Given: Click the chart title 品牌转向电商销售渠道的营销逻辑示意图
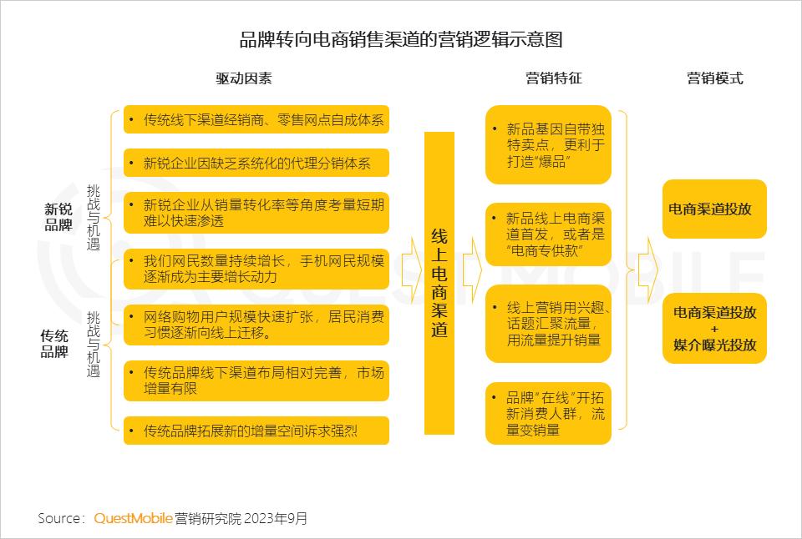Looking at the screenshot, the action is [401, 39].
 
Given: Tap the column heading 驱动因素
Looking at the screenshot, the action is [243, 78].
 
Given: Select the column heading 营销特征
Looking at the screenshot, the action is [553, 78].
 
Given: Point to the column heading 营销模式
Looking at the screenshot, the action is [714, 78].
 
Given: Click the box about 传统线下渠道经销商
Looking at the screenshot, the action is [256, 119].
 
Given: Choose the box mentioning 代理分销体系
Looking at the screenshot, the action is [256, 163].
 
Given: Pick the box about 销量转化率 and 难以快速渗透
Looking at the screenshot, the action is [256, 213].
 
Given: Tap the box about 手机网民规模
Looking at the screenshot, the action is [256, 269].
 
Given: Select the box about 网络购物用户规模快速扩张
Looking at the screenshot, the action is [256, 325].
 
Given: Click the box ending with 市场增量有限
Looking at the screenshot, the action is [256, 380].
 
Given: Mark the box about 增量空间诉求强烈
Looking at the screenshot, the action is [256, 431].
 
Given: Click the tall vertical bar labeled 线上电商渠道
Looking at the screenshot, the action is [439, 283].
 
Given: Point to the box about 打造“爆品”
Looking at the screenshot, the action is [548, 144].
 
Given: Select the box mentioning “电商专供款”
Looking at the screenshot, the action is [548, 234].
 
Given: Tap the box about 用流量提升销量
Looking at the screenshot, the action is [548, 324].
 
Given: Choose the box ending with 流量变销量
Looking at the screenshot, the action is [548, 413].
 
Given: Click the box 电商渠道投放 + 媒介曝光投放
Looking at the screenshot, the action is [714, 329].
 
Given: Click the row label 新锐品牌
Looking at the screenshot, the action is [58, 217].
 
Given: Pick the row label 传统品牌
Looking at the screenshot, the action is [54, 344].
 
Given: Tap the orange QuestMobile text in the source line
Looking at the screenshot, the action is [133, 518].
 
